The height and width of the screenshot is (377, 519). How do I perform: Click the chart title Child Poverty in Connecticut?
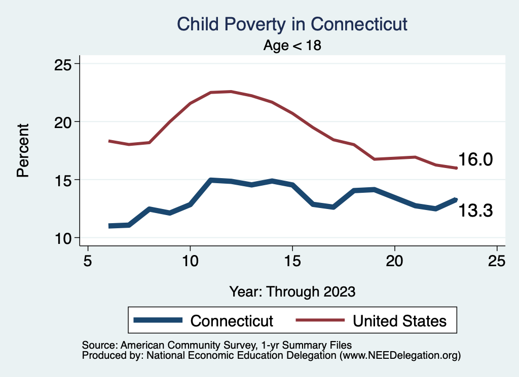[292, 24]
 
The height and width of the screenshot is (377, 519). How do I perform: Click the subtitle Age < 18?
[292, 45]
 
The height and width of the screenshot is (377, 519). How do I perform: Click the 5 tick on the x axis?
[88, 261]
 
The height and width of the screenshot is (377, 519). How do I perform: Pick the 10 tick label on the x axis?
[190, 261]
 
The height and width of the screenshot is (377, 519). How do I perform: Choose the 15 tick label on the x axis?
[292, 261]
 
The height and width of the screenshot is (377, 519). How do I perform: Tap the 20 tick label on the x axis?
[394, 261]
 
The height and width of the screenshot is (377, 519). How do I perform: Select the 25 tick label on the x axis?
[497, 261]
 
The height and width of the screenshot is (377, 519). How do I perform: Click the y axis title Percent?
[23, 151]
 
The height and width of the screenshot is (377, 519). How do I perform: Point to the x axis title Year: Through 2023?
[292, 291]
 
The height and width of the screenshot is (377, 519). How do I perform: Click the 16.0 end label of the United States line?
[475, 160]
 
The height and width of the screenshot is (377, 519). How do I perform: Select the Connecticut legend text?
[232, 321]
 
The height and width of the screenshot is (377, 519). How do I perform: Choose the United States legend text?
[399, 321]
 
